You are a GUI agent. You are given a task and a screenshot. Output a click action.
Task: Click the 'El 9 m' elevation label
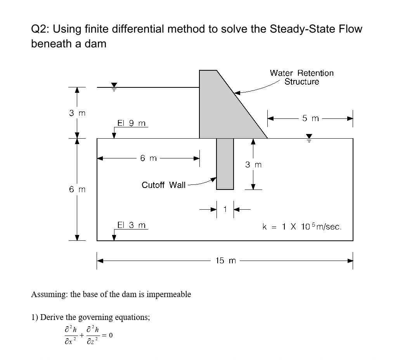point(132,123)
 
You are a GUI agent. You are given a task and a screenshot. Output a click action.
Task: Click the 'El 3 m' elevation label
point(132,225)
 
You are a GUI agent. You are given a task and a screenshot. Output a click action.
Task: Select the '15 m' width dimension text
point(225,261)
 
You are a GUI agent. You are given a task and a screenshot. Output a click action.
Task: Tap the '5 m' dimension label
point(310,118)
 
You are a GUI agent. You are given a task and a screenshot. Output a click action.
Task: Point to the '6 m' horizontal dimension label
point(149,158)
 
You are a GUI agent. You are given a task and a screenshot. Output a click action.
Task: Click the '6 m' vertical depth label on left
point(77,190)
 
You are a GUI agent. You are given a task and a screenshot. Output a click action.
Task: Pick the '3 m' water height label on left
point(77,113)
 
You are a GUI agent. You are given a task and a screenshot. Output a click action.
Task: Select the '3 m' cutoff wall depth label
point(253,165)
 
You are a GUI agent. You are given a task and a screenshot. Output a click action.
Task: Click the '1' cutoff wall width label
point(225,209)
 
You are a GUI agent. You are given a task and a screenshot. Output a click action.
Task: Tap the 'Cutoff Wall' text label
point(163,185)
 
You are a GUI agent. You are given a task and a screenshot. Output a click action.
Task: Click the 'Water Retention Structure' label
point(301,77)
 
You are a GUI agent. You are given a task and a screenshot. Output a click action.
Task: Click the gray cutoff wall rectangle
point(225,163)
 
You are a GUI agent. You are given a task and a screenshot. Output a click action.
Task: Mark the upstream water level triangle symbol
point(114,85)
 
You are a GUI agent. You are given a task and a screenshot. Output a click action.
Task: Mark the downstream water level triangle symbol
point(309,137)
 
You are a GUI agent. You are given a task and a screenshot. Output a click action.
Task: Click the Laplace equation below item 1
point(88,335)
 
